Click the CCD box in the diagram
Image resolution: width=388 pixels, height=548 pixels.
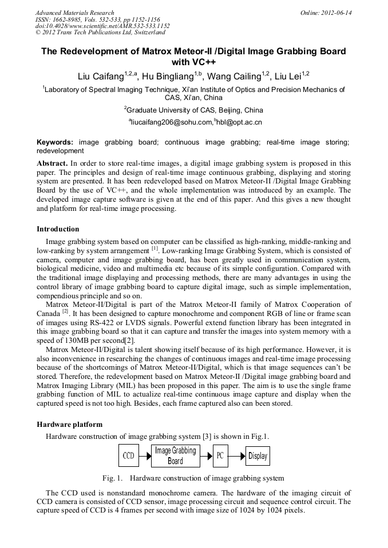[x=129, y=456]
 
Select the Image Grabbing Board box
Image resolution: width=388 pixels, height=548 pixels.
[x=176, y=455]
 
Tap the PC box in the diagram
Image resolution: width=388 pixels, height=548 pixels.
[x=220, y=456]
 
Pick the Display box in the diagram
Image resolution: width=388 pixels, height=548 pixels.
[x=258, y=456]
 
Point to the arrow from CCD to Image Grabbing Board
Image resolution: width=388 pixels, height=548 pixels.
[x=145, y=456]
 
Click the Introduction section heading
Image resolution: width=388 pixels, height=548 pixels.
[x=58, y=229]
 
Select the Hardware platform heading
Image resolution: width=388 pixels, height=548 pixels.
[x=69, y=425]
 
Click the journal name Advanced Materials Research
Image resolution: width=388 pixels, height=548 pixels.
[x=74, y=13]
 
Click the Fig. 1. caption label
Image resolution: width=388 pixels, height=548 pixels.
[x=113, y=478]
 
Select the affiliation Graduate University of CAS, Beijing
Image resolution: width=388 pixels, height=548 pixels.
[x=194, y=110]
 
